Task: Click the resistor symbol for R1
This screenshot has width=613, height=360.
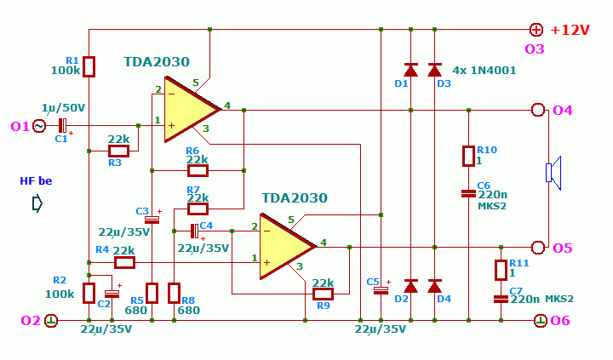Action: point(89,66)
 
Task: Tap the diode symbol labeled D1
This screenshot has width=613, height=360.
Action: point(410,70)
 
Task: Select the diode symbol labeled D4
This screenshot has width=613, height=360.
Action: point(435,286)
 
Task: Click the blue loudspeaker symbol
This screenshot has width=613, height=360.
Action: point(553,173)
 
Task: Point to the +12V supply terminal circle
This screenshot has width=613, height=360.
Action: point(536,30)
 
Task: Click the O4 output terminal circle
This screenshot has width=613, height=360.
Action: point(538,111)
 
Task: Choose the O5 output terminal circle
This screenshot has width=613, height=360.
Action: point(538,248)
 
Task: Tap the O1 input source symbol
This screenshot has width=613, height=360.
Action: point(39,126)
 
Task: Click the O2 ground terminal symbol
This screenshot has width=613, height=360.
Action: point(51,321)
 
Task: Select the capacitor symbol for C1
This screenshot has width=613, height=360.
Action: point(62,126)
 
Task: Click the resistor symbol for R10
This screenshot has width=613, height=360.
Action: point(469,157)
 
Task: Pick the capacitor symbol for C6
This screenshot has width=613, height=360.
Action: point(469,193)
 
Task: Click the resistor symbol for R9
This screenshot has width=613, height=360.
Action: point(323,294)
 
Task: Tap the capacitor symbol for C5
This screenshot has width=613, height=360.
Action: point(381,290)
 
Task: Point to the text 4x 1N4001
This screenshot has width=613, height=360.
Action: point(484,71)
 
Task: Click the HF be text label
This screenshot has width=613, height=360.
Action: point(36,181)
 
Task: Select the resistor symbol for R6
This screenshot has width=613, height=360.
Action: point(198,171)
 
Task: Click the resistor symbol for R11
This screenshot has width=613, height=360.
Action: point(501,270)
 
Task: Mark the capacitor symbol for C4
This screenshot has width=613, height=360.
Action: point(194,231)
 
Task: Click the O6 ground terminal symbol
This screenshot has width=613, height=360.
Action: point(541,321)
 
